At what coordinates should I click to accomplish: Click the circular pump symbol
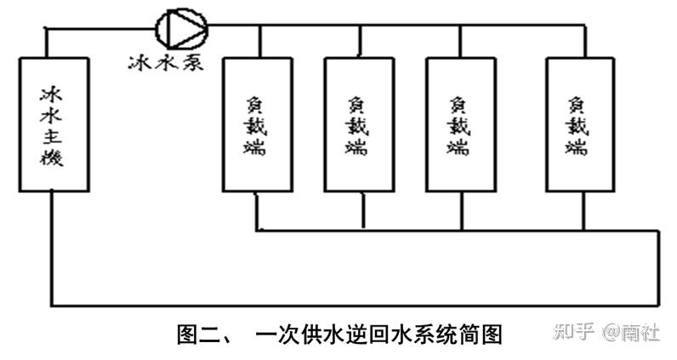coord(180,27)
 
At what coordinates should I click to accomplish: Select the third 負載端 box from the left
coord(460,123)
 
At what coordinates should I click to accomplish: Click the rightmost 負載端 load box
coord(579,123)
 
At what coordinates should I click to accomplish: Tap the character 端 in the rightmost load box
coord(579,147)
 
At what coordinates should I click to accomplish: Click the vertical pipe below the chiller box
coord(51,247)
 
